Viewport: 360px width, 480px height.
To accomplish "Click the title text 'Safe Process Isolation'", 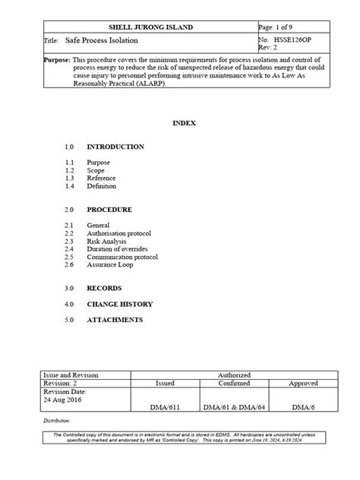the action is coord(102,39).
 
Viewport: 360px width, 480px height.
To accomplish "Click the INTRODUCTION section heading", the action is coord(115,146).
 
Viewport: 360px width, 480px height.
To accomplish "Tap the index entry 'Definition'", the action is coord(102,185).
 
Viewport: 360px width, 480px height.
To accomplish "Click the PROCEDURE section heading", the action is coord(109,209).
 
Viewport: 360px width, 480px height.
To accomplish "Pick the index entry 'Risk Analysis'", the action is coord(107,241).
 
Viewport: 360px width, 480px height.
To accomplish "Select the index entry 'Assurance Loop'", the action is coord(109,265).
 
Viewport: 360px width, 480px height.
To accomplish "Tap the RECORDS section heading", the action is coord(105,289).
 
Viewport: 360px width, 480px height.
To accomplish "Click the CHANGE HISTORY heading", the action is coord(120,305).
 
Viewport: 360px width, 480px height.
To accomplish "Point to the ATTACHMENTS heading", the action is coord(115,320).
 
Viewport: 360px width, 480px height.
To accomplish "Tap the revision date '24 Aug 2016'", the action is coord(62,399).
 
